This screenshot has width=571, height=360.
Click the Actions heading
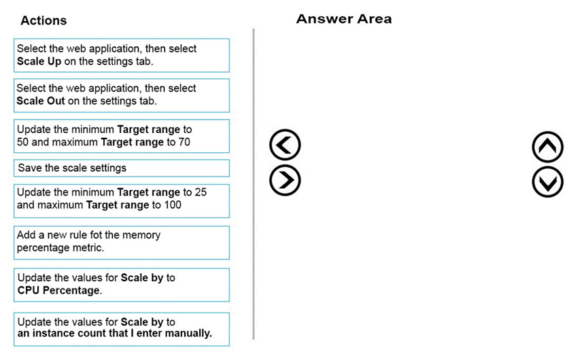point(44,20)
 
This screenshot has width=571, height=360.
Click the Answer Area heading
point(344,19)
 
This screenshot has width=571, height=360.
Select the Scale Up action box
point(122,55)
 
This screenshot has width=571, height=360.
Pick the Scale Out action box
point(122,95)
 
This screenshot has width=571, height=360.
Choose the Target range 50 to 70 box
point(122,136)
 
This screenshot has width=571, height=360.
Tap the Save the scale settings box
point(122,168)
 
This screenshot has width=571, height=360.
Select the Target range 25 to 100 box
point(122,201)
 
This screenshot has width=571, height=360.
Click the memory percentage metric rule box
point(122,242)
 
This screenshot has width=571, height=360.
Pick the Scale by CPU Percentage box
point(122,285)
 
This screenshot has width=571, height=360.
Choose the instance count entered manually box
point(122,329)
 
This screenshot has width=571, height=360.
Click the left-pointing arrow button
point(285,145)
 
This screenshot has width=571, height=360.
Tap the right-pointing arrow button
point(285,180)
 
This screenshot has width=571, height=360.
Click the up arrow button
point(547,147)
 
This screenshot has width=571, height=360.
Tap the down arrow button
point(547,182)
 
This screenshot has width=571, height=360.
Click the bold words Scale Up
point(39,62)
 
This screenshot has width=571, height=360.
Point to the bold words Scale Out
point(41,101)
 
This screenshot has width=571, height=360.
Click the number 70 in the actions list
point(184,142)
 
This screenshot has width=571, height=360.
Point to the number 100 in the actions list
point(173,205)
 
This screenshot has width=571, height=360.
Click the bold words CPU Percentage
point(58,291)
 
